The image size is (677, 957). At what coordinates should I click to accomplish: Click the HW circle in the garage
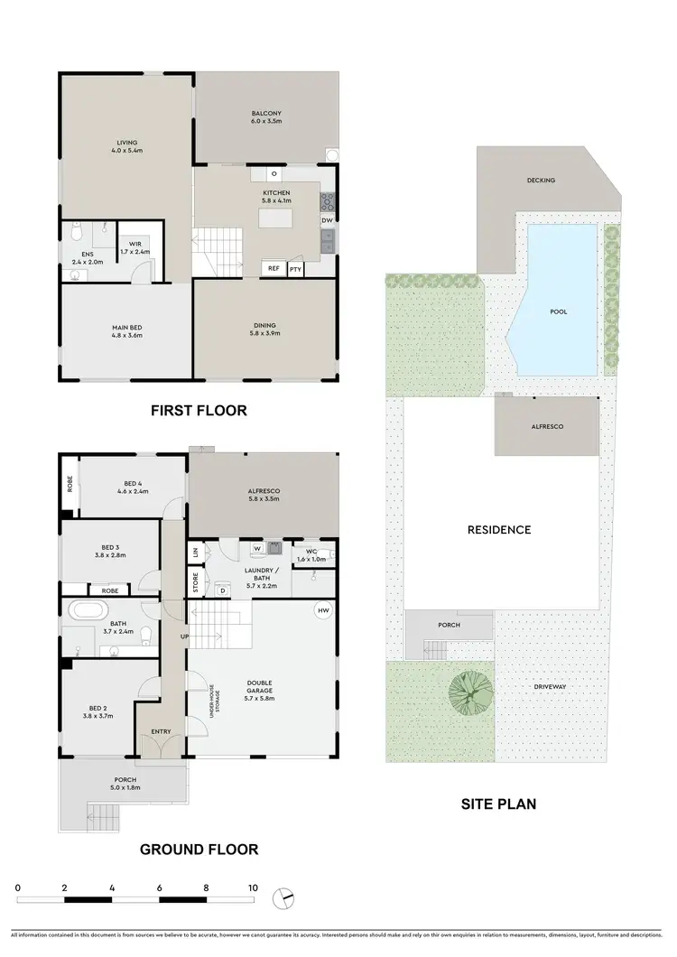322,612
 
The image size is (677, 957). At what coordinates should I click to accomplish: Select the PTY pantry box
295,268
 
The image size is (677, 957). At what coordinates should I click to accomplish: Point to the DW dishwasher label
327,219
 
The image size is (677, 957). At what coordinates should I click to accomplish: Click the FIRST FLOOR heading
199,411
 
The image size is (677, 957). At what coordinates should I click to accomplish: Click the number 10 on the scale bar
254,888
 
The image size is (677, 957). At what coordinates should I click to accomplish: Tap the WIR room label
135,244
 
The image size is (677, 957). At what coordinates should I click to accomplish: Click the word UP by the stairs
186,637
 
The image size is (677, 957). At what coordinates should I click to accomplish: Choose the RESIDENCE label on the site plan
499,530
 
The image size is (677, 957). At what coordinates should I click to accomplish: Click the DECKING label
541,181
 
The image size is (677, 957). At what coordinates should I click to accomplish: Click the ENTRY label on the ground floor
161,731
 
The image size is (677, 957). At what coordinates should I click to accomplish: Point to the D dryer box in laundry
222,590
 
